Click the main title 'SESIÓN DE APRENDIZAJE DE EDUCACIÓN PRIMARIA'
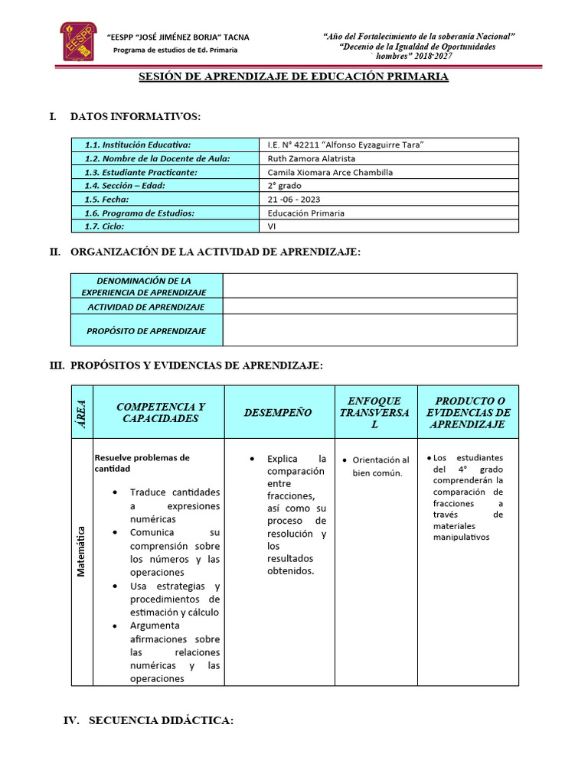(293, 77)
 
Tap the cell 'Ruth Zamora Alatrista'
(312, 158)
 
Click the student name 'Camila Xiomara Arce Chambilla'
(330, 172)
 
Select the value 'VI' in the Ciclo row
(273, 226)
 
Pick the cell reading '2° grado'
(284, 186)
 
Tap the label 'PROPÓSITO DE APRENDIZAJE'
(147, 331)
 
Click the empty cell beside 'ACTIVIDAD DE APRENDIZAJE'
(371, 307)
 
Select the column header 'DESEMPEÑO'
(278, 413)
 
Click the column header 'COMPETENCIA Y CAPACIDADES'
(160, 413)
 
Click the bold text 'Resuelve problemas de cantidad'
(142, 463)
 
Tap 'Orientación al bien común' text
(380, 466)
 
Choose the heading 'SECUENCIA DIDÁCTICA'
(161, 721)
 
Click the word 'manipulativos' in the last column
(461, 538)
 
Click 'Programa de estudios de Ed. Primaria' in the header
(175, 50)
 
